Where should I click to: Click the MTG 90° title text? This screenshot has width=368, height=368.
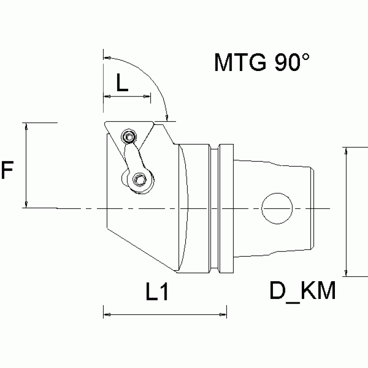click(x=261, y=62)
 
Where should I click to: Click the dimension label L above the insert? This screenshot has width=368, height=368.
click(x=123, y=83)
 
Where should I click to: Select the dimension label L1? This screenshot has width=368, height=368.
click(x=157, y=292)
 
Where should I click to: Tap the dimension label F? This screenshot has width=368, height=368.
click(x=8, y=170)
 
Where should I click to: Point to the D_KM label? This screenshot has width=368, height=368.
click(x=302, y=291)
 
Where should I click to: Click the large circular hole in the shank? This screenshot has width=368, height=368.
click(x=277, y=208)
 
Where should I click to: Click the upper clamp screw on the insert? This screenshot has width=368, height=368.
click(x=128, y=138)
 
